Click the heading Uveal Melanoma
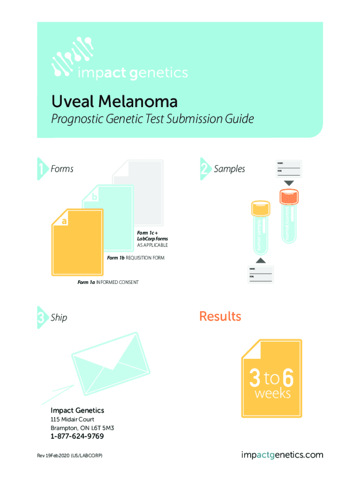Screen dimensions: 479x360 (114, 102)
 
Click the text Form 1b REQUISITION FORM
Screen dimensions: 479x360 (136, 258)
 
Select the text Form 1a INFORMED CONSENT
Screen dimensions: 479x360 (108, 283)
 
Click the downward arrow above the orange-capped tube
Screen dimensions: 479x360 (288, 182)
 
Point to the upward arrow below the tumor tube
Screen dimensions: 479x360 (261, 261)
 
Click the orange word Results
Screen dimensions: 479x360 (220, 317)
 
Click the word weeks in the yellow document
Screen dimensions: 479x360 (272, 394)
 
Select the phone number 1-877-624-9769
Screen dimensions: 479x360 (77, 436)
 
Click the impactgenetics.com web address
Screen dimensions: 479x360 (282, 455)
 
